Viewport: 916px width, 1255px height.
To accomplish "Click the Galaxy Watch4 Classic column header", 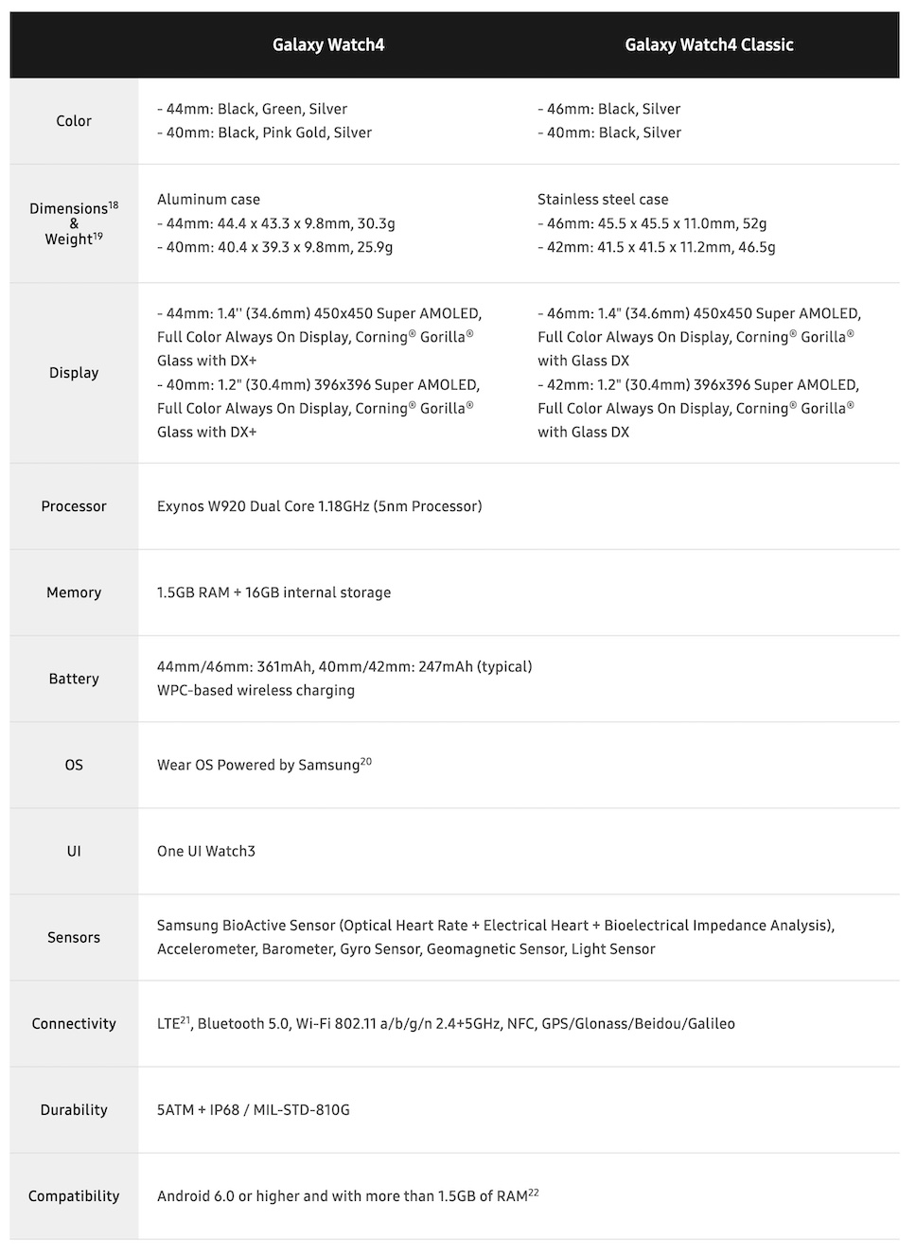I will pos(709,44).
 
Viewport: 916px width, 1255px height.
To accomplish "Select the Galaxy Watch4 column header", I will pos(328,44).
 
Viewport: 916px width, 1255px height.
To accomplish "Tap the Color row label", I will pos(74,121).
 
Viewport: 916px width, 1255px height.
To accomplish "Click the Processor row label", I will pos(74,506).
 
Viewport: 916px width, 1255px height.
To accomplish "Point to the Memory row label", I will pos(74,592).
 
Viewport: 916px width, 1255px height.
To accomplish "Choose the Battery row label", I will pos(74,679).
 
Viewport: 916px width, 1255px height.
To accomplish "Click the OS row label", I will pos(74,765).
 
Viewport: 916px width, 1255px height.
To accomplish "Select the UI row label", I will pos(74,851).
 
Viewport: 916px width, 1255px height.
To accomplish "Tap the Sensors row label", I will pos(74,937).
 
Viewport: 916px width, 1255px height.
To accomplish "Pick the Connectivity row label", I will pos(74,1023).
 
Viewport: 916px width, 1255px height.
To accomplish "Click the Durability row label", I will pos(74,1109).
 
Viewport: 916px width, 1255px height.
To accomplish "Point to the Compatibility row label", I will pos(74,1196).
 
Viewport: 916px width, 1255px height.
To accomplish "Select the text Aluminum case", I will pos(208,200).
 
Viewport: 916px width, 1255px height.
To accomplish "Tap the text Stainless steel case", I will pos(603,200).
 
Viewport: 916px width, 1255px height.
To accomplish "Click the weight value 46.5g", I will pos(756,247).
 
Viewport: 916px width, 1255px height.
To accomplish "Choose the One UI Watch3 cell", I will pos(206,851).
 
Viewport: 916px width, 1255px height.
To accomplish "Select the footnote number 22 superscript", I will pos(534,1191).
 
